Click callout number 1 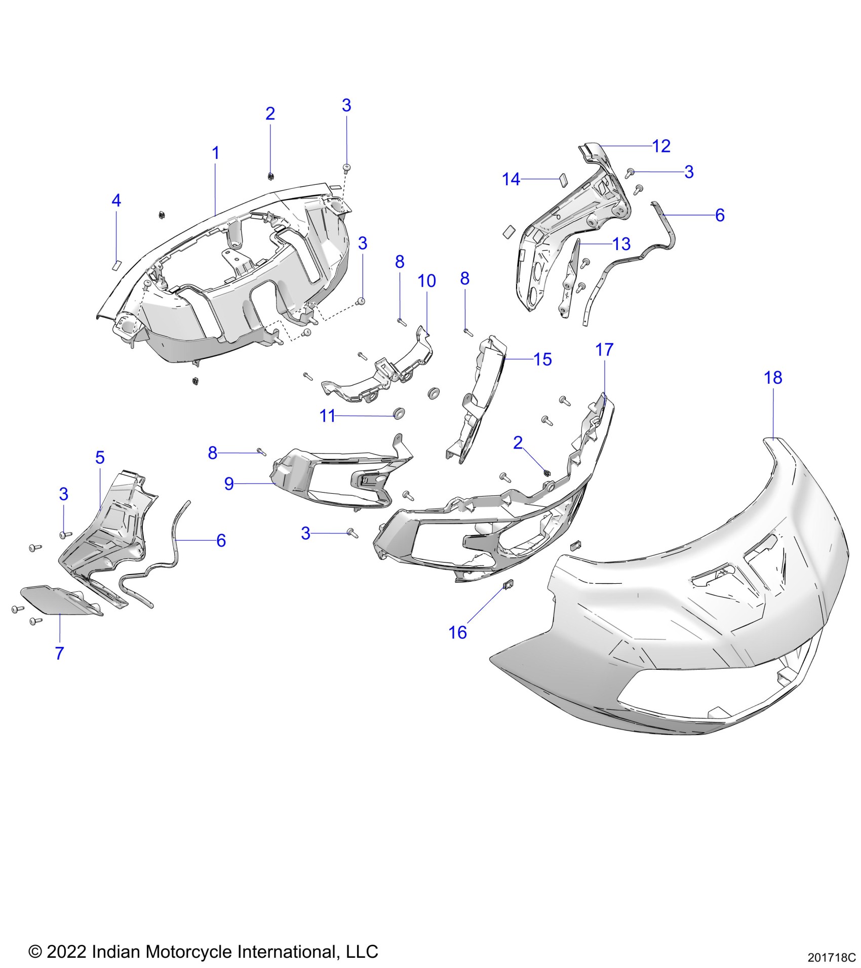point(216,153)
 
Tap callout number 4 point(116,200)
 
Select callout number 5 point(100,458)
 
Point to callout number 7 point(60,653)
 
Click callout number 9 point(229,483)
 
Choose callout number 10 point(426,281)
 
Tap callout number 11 point(327,416)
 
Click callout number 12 point(661,146)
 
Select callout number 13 point(621,244)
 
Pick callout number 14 point(511,179)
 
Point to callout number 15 point(542,359)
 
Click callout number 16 point(458,632)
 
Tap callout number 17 point(604,349)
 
